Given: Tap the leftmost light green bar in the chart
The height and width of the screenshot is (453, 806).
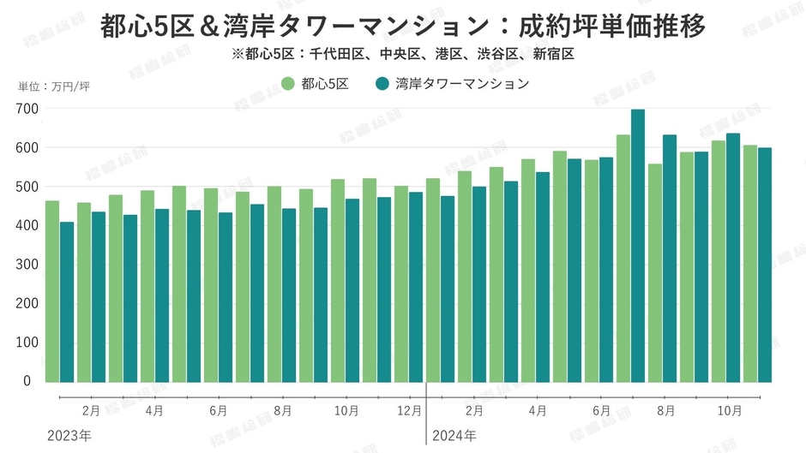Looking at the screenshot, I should tap(52, 291).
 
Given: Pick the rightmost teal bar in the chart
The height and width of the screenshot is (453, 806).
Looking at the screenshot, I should tap(765, 265).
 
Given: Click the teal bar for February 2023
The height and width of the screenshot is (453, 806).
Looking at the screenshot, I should tap(99, 296).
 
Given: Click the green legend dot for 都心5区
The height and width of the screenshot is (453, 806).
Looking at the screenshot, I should tap(288, 84).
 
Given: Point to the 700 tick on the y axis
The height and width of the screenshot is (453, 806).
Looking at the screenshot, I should tap(27, 109).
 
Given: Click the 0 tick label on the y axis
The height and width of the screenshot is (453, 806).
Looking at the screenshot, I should tap(27, 381).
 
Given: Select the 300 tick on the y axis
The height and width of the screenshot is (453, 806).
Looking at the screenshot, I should tap(27, 265).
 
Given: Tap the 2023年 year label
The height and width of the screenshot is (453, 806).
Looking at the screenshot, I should tap(69, 436).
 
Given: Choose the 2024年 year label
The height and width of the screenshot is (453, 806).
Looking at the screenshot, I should tap(454, 436).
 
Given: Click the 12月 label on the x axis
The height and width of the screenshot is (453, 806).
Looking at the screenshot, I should tap(409, 410).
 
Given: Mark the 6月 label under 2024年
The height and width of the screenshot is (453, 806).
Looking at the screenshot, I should tap(600, 410).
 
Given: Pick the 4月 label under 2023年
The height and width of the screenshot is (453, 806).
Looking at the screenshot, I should tap(154, 410).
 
